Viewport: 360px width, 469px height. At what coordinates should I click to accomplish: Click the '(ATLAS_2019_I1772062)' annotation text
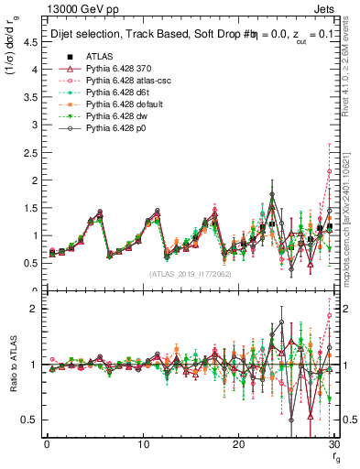tap(189, 274)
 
